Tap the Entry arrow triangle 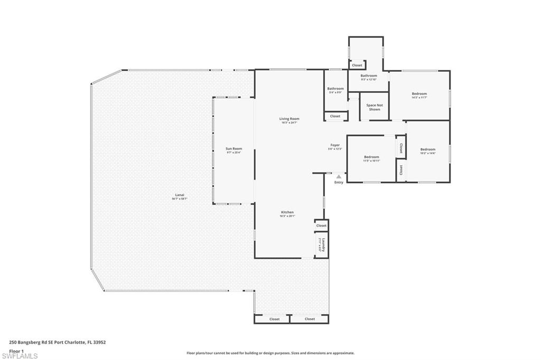pos(338,177)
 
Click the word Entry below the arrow pos(339,183)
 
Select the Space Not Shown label pos(374,107)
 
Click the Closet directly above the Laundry pos(321,225)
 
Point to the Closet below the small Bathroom pos(335,116)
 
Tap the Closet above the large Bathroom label pos(357,65)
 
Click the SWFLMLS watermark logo pos(20,355)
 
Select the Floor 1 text pos(16,350)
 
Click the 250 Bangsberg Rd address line pos(58,342)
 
